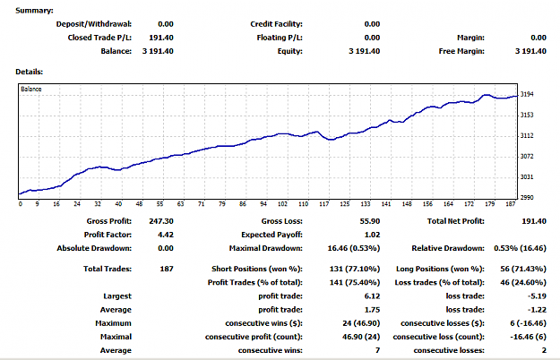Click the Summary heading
pyautogui.click(x=34, y=11)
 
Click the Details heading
pyautogui.click(x=30, y=72)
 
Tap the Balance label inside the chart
pyautogui.click(x=31, y=89)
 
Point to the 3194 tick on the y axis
pyautogui.click(x=527, y=94)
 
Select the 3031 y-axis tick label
pyautogui.click(x=527, y=177)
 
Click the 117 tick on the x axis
pyautogui.click(x=324, y=203)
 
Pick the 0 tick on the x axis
pyautogui.click(x=21, y=203)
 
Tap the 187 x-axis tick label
pyautogui.click(x=511, y=203)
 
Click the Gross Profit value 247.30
pyautogui.click(x=161, y=221)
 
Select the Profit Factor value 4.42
pyautogui.click(x=166, y=235)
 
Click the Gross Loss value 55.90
pyautogui.click(x=370, y=221)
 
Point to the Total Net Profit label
pyautogui.click(x=456, y=221)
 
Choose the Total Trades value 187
pyautogui.click(x=167, y=269)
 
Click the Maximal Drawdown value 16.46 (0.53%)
pyautogui.click(x=354, y=248)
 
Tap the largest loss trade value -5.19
pyautogui.click(x=537, y=296)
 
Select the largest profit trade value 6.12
pyautogui.click(x=372, y=296)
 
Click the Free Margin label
pyautogui.click(x=461, y=51)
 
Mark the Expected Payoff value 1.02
pyautogui.click(x=372, y=235)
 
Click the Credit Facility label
pyautogui.click(x=277, y=24)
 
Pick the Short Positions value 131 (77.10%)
pyautogui.click(x=355, y=269)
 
